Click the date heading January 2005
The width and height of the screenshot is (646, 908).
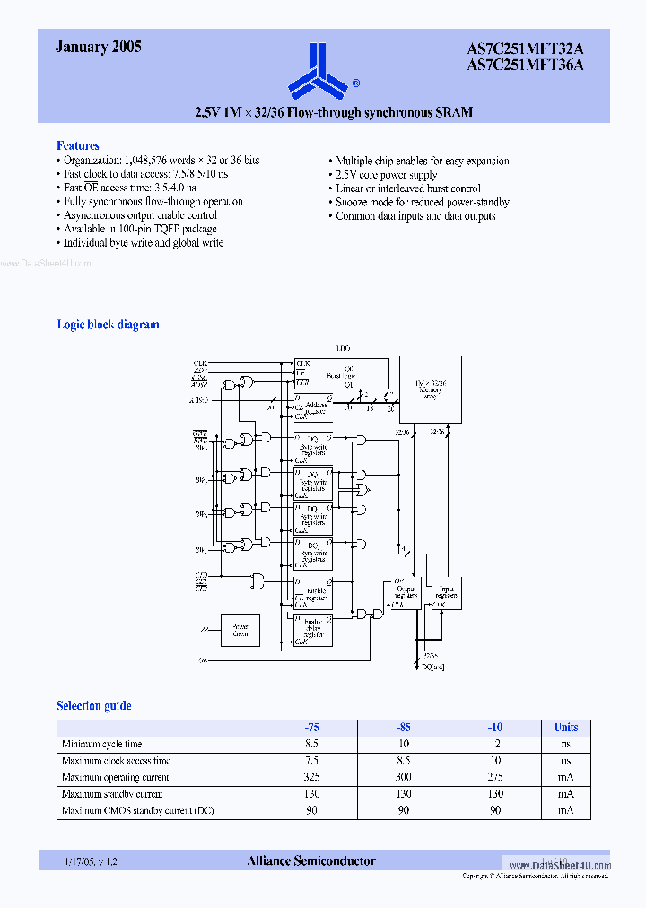(x=98, y=48)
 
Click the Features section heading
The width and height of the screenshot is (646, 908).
(x=78, y=145)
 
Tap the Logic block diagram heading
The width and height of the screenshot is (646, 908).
(x=108, y=325)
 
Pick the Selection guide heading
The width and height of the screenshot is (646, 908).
(x=93, y=706)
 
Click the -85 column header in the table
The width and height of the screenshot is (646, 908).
(x=403, y=728)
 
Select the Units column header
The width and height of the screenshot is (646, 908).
(x=565, y=728)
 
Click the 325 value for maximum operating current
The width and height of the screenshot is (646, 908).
(x=310, y=777)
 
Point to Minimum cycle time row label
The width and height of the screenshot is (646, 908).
(x=101, y=744)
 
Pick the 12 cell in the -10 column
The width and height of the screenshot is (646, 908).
(x=495, y=744)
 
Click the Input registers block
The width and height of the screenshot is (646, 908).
(x=446, y=593)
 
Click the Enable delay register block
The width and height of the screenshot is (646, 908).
(x=313, y=630)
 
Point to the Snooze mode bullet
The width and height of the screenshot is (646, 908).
(x=422, y=203)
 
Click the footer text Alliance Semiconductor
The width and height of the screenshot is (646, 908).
(x=310, y=861)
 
